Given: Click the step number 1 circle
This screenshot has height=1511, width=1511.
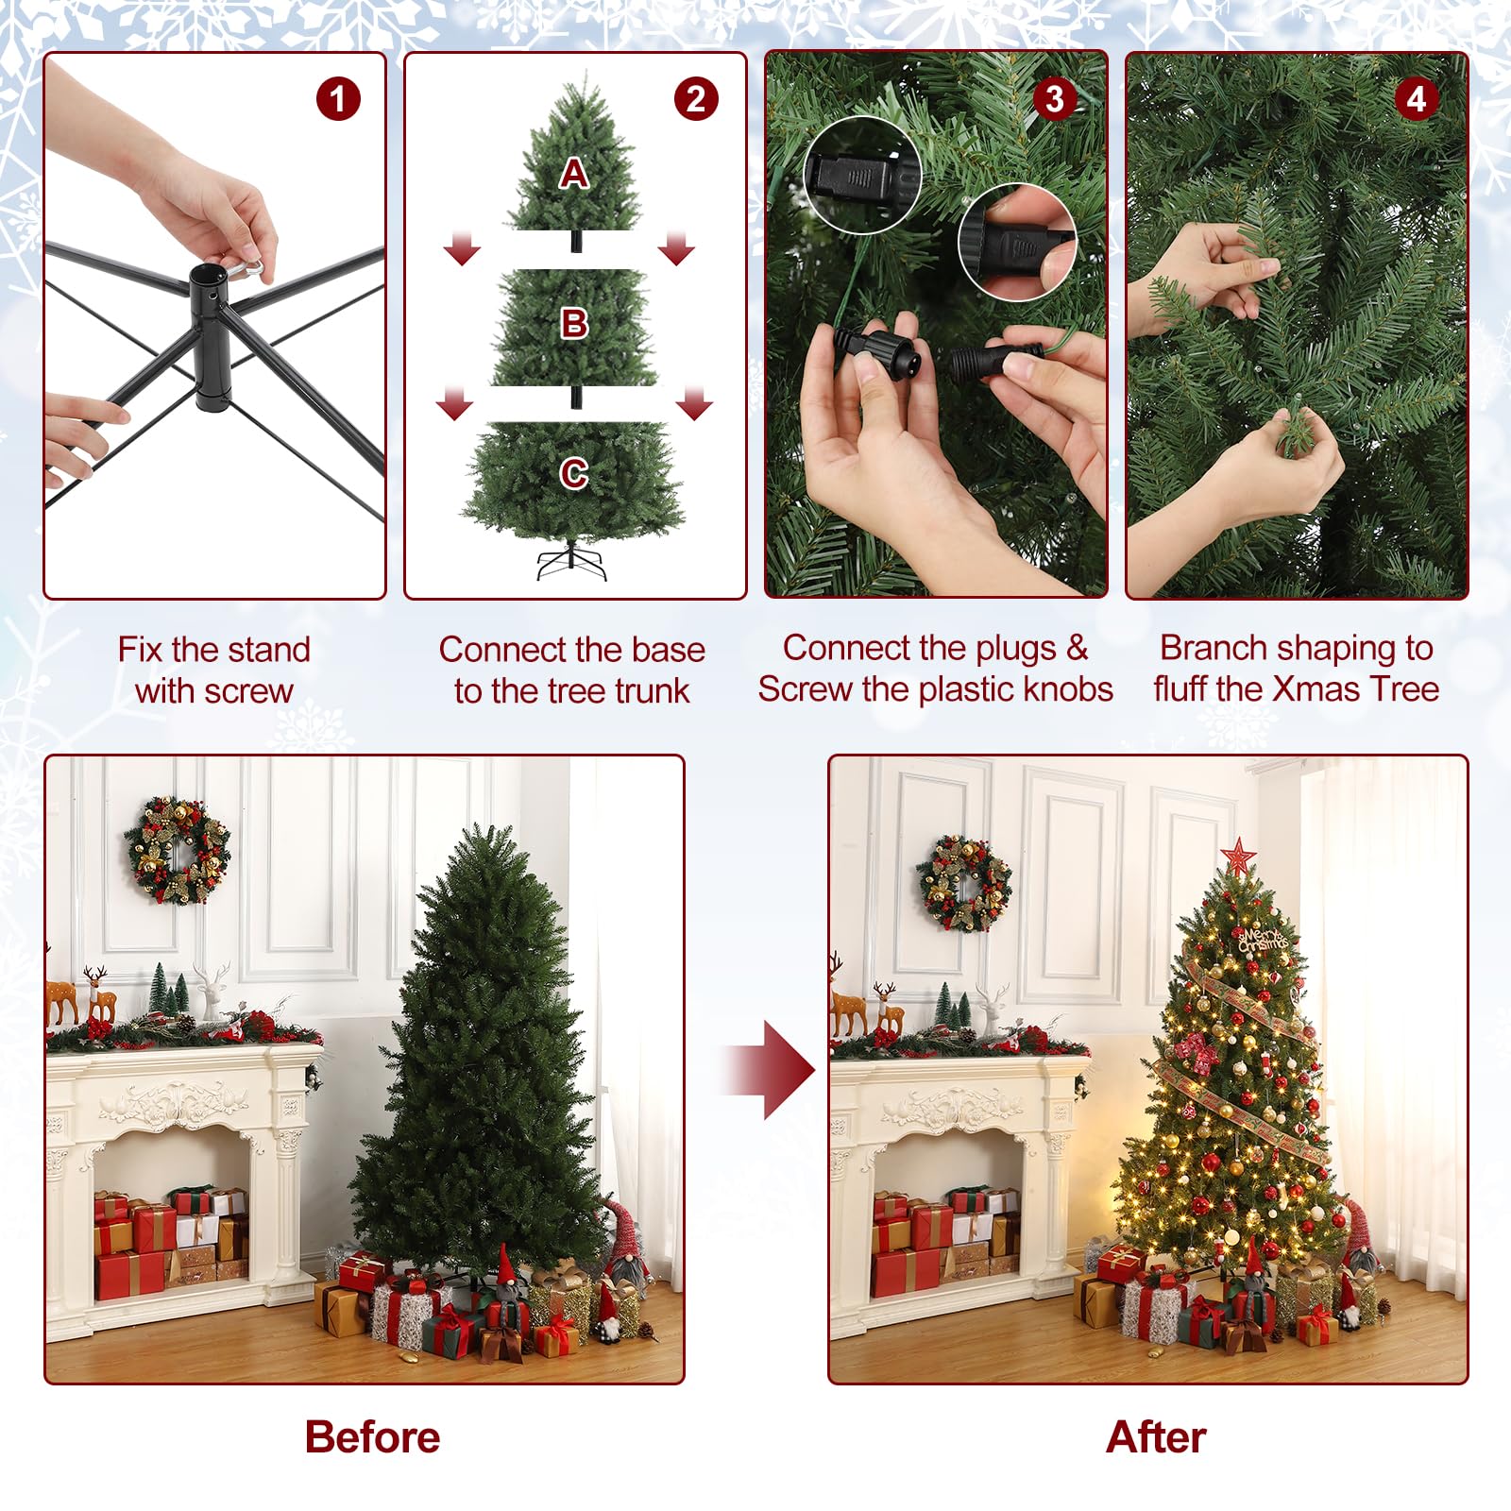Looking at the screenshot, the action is tap(338, 99).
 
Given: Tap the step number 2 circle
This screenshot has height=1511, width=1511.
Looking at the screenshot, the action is tap(696, 99).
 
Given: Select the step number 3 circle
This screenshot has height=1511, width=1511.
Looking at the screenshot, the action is tap(1055, 99).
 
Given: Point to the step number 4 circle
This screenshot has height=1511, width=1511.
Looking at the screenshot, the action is tap(1416, 99).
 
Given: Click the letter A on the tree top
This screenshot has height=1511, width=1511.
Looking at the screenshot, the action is tap(573, 174).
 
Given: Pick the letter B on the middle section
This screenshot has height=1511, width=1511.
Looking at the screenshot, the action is tap(574, 324).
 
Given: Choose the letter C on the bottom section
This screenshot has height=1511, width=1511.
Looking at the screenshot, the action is tap(574, 473).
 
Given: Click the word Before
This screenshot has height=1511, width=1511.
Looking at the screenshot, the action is tap(372, 1436).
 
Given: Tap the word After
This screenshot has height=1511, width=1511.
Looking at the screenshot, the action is tap(1156, 1436).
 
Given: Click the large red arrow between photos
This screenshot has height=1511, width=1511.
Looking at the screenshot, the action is tap(770, 1070).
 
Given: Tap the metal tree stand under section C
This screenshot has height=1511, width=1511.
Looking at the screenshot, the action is tap(572, 563).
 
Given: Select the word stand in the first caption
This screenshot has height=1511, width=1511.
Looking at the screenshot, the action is tap(269, 650).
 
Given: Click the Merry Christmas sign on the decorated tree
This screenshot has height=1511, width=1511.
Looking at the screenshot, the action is tap(1263, 939).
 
